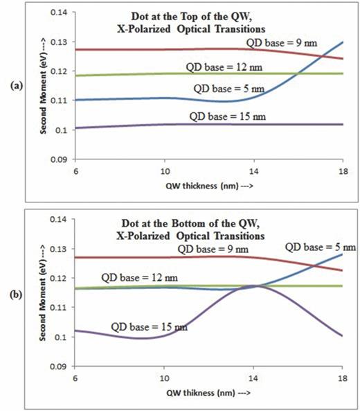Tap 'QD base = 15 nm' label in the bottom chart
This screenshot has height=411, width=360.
tap(141, 326)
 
